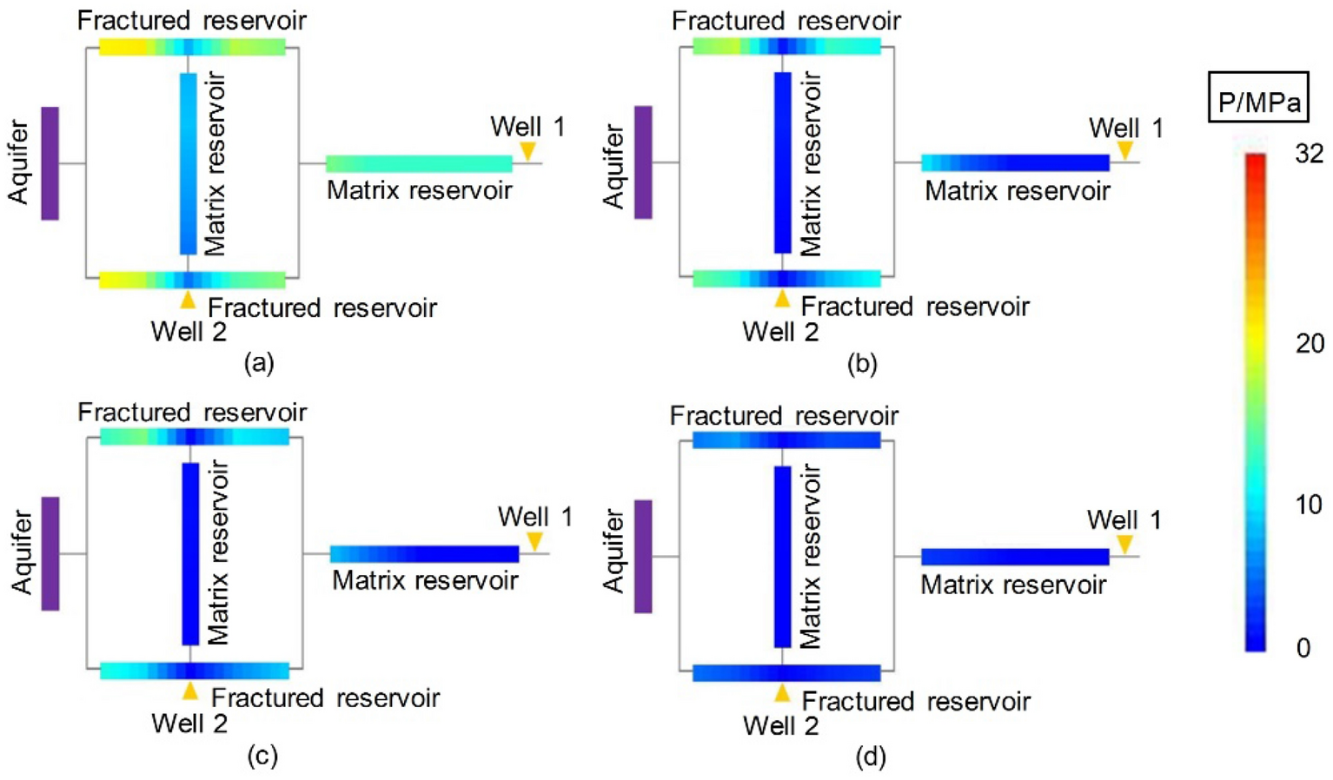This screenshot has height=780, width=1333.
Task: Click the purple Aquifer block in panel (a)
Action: pos(50,163)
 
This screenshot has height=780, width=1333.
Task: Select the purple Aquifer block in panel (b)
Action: pos(643,162)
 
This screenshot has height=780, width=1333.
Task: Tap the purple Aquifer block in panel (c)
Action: pos(50,553)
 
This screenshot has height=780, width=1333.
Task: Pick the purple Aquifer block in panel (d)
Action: pos(643,556)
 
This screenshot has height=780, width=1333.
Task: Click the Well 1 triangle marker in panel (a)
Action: pos(527,151)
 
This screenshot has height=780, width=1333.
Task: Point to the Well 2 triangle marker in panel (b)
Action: pos(782,299)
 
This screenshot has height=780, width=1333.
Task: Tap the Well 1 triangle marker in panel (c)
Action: pos(534,541)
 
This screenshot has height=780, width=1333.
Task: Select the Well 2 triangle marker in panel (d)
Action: pos(782,692)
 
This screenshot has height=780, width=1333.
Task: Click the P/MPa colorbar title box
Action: pos(1258,97)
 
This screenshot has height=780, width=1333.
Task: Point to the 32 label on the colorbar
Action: pos(1309,154)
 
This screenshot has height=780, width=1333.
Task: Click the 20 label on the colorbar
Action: pos(1309,344)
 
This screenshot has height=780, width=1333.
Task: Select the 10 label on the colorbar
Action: pos(1309,505)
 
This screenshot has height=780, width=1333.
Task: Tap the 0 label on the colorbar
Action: pos(1303,648)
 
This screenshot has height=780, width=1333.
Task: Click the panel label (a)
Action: pos(259,362)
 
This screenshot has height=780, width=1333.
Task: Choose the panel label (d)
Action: pos(870,756)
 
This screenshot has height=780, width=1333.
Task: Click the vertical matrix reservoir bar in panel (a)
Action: pos(188,163)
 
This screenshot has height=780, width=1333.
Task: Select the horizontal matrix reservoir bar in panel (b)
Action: pos(1015,162)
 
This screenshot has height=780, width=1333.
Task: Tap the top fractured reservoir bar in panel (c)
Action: pos(195,436)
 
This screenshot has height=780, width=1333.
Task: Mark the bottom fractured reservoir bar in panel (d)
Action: pos(786,673)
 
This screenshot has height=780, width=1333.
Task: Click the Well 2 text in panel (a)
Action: pos(189,332)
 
